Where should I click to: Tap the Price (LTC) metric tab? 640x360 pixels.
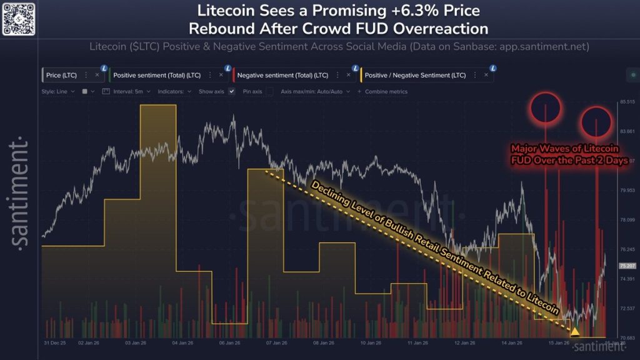(61, 75)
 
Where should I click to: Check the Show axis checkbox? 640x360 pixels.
(232, 91)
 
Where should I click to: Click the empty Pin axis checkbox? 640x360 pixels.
(269, 91)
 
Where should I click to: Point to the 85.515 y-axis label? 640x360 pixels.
(626, 101)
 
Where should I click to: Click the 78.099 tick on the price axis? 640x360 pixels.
(626, 219)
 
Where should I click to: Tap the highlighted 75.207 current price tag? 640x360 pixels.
(627, 266)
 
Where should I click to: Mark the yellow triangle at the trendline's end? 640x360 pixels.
(575, 331)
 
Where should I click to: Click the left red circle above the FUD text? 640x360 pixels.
(543, 107)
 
